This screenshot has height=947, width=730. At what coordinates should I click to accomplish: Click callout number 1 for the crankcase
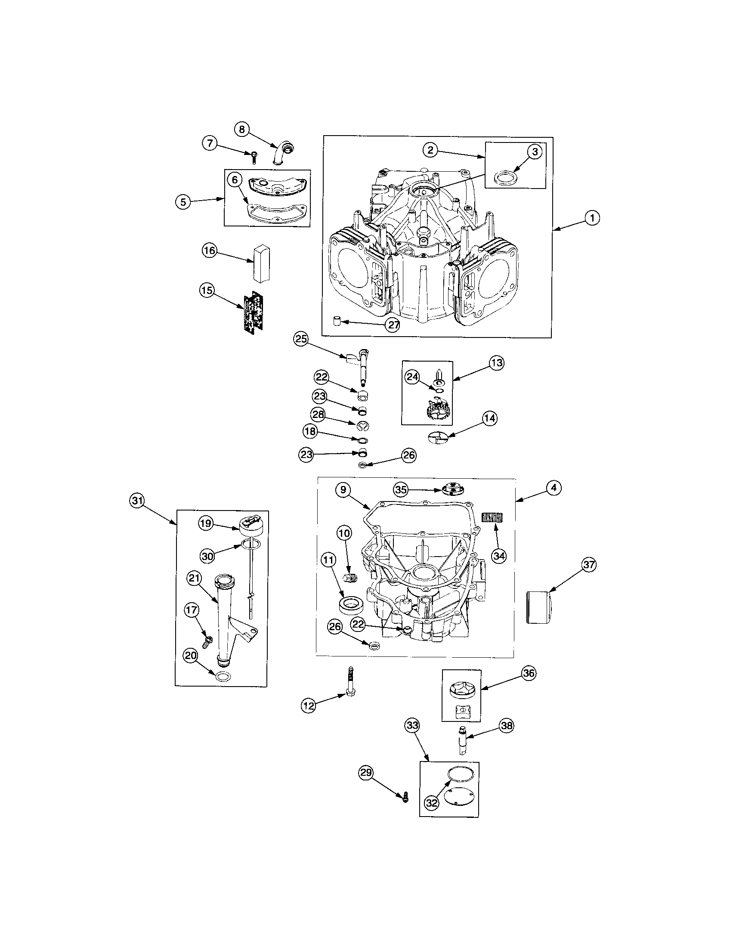pyautogui.click(x=592, y=218)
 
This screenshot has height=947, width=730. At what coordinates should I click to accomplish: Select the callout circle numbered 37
pyautogui.click(x=589, y=565)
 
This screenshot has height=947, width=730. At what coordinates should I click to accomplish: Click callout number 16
pyautogui.click(x=209, y=251)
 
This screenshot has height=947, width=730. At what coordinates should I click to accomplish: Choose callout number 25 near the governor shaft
pyautogui.click(x=301, y=339)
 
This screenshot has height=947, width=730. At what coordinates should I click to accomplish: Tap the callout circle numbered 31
pyautogui.click(x=137, y=500)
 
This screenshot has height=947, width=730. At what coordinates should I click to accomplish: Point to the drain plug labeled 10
pyautogui.click(x=350, y=579)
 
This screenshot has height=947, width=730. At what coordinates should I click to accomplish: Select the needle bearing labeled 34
pyautogui.click(x=492, y=518)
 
